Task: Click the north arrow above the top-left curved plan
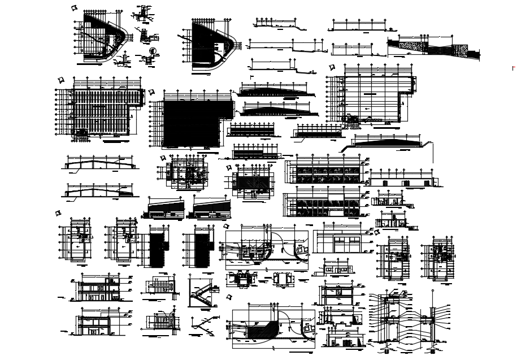click(73, 8)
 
